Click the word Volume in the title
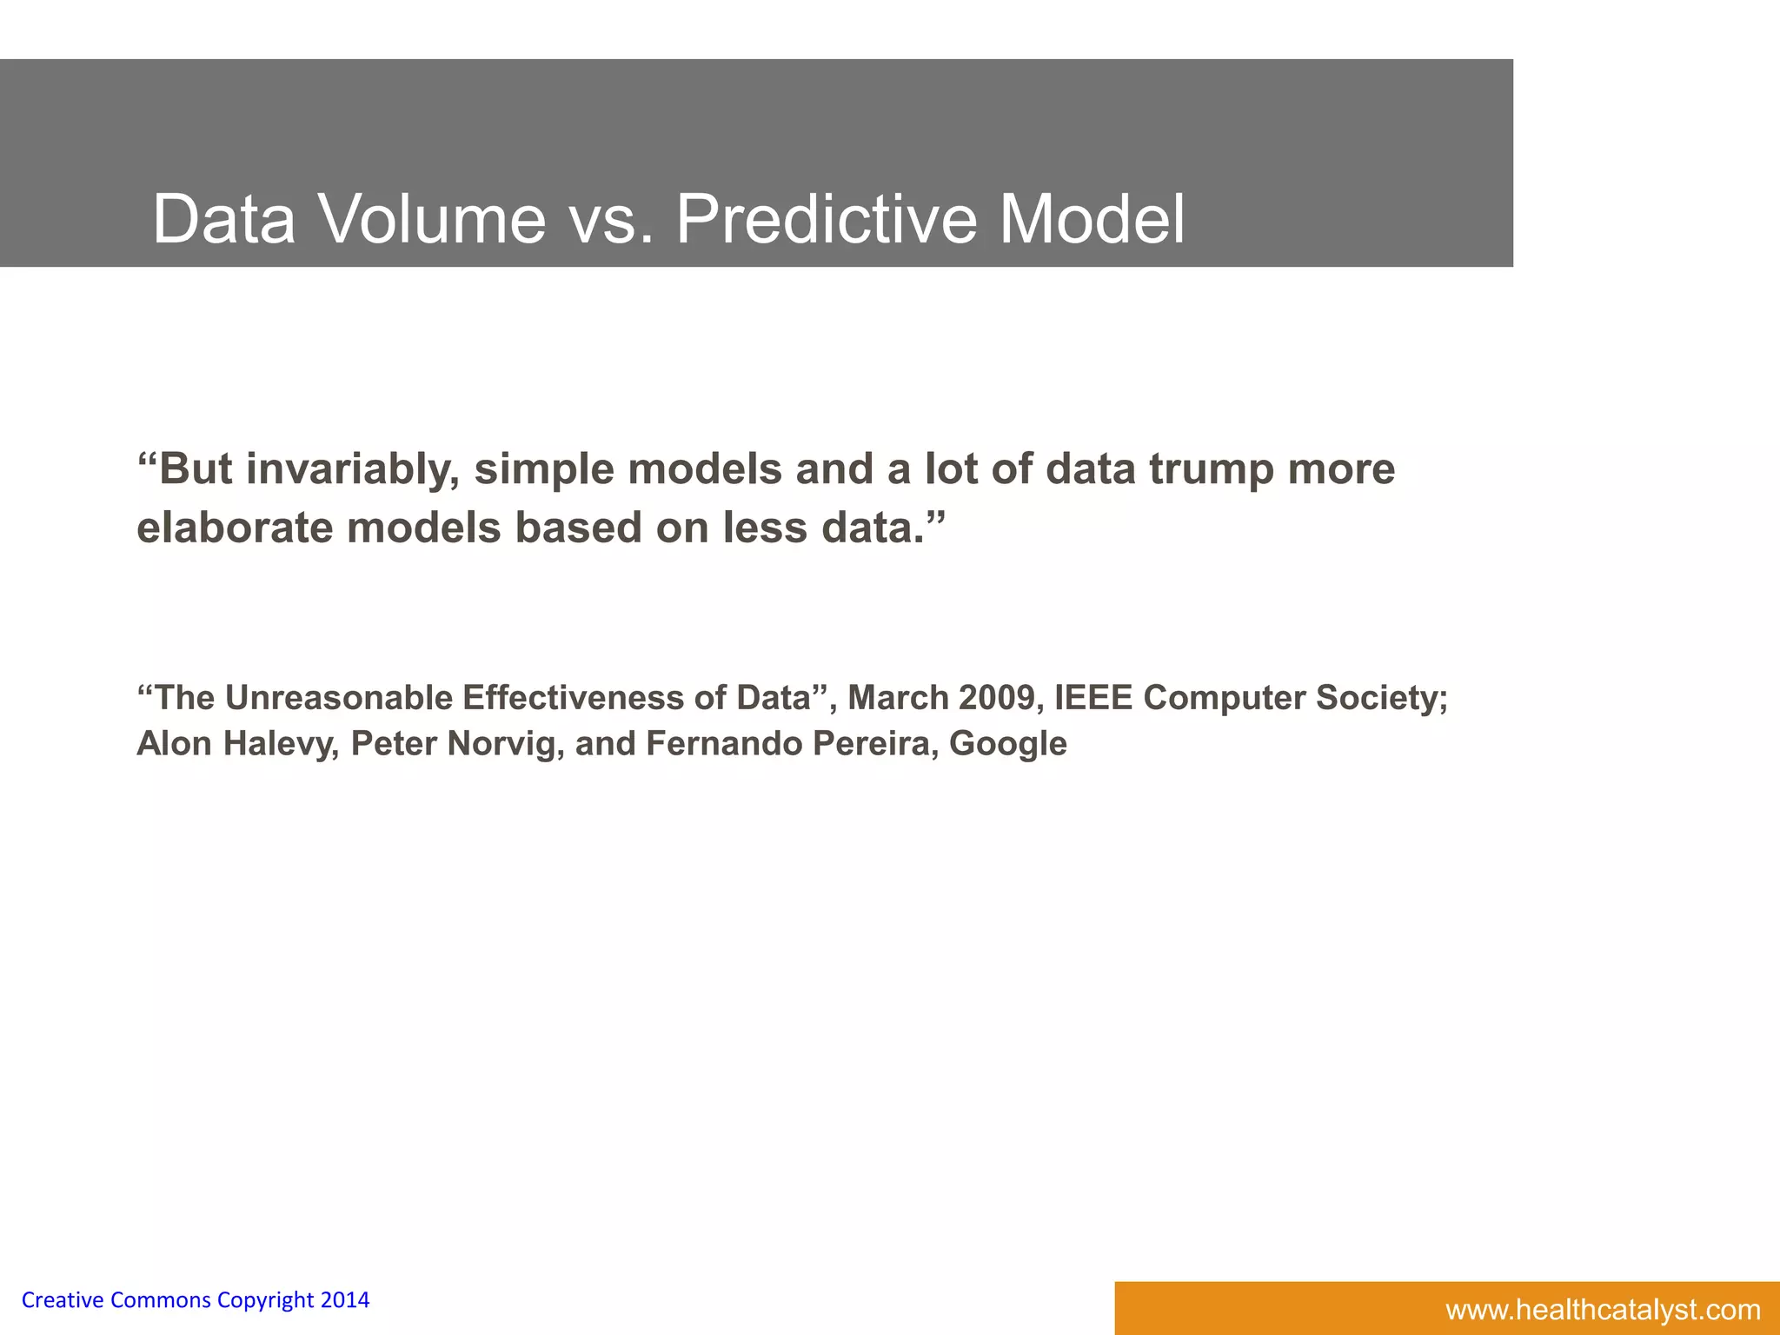(x=433, y=219)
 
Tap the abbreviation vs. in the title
(x=610, y=219)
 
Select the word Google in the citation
(x=1007, y=744)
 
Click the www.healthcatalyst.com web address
(x=1603, y=1310)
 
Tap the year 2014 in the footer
(x=345, y=1300)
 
